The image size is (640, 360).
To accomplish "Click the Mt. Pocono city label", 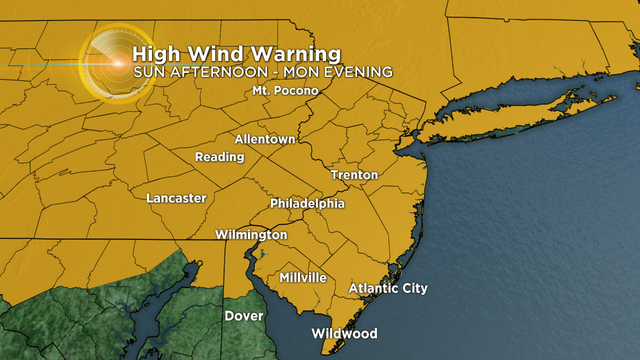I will tap(285, 91).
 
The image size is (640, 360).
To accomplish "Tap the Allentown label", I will tap(265, 139).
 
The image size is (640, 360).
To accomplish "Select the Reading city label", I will tap(220, 157).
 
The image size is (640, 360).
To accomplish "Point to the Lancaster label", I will tap(176, 198).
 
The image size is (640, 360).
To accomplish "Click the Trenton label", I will tap(355, 175).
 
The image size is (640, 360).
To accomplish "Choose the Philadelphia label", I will tap(307, 204).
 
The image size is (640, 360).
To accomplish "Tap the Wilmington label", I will tap(251, 234).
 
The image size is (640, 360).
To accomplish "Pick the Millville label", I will tap(303, 276).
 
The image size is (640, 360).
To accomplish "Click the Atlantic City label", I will tap(388, 289).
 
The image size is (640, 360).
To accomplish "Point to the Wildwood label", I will tap(344, 333).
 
